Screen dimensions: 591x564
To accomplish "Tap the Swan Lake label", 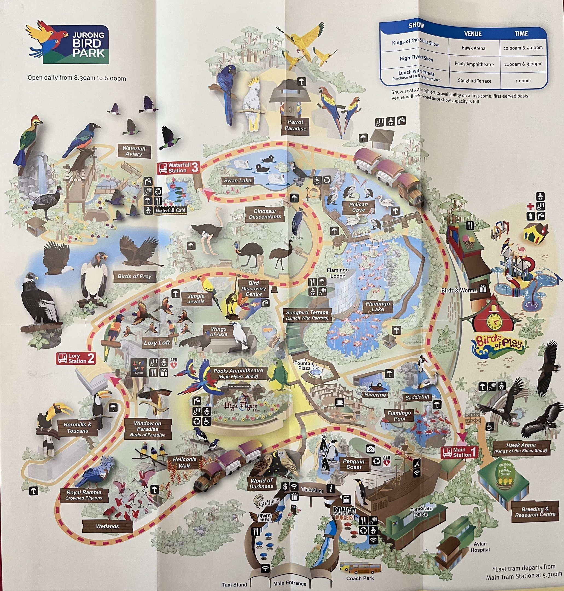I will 237,181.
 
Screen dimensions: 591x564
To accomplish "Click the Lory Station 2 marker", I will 76,358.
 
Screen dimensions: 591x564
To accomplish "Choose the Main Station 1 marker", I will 459,452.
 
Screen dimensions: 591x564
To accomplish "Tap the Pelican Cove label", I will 358,207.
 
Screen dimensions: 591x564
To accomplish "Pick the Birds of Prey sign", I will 134,276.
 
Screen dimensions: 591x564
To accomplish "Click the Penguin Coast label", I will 354,464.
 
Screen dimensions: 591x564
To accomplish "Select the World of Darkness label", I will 261,483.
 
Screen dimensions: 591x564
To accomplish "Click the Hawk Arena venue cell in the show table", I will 473,48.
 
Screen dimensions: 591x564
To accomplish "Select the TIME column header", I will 521,34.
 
